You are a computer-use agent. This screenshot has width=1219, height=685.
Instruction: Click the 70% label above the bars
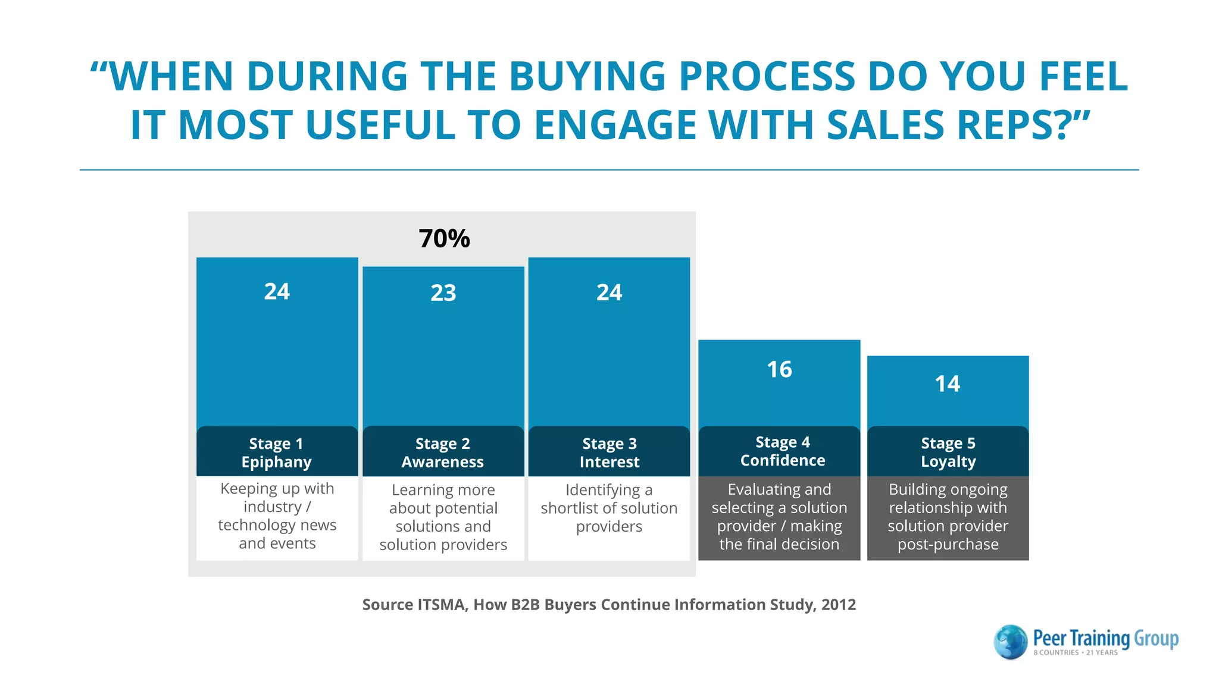(444, 238)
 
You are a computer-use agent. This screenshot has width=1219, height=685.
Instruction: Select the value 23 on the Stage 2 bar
(443, 293)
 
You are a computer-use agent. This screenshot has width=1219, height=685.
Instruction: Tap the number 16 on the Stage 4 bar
(779, 369)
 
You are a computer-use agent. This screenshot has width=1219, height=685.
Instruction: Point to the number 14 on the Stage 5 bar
(947, 384)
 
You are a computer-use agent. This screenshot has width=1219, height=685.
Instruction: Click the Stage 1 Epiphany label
(277, 453)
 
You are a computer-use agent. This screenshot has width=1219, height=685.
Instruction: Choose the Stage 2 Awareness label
(443, 453)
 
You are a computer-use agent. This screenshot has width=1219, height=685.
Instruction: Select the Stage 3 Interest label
(609, 453)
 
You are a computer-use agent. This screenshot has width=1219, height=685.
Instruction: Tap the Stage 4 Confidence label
(782, 451)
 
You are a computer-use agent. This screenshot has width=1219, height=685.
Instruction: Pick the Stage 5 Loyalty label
(948, 452)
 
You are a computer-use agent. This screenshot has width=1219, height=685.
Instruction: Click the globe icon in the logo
(1010, 642)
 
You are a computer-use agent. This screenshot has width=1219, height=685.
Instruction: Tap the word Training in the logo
(1100, 638)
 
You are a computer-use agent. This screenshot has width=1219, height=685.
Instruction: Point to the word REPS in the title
(1014, 125)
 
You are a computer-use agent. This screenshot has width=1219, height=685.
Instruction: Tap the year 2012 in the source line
(838, 605)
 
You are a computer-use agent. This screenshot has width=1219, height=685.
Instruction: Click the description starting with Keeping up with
(277, 516)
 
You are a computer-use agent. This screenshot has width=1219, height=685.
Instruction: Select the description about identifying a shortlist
(609, 508)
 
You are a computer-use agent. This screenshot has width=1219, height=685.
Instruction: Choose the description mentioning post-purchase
(948, 517)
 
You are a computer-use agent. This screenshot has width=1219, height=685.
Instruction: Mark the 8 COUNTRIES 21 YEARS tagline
(1075, 652)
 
